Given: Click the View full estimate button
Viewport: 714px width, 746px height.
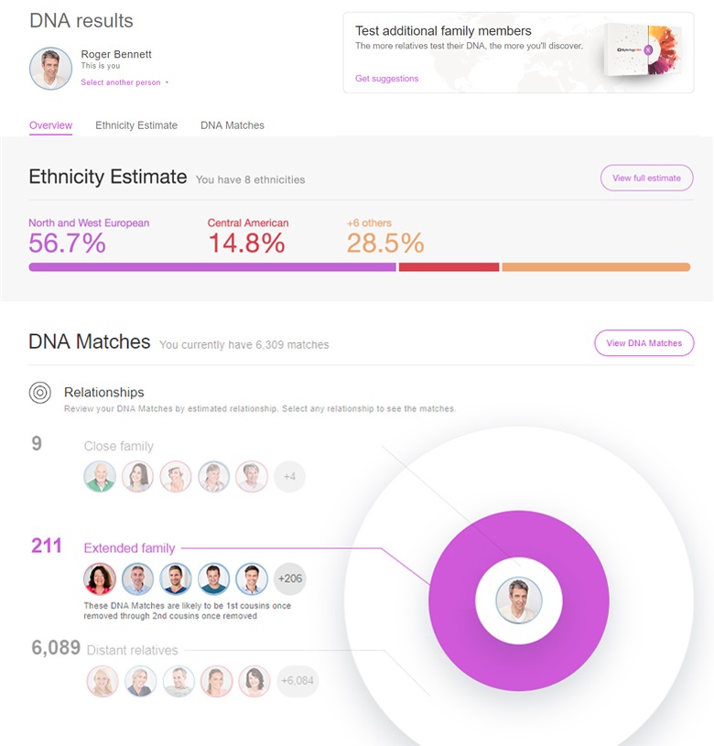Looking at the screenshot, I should (646, 178).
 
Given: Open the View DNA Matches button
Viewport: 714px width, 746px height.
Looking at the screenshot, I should (644, 343).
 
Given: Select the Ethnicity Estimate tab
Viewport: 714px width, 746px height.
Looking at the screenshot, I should (136, 125).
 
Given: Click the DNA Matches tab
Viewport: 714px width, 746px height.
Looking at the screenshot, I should (233, 125).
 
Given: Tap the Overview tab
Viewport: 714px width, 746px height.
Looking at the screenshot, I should (50, 125).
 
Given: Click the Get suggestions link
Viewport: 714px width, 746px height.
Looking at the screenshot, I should (386, 79).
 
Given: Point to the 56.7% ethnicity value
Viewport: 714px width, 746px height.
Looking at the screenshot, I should (67, 243).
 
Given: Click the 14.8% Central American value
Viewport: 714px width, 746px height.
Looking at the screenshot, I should (245, 243).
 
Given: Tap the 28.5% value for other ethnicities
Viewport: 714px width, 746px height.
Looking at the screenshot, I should (385, 243).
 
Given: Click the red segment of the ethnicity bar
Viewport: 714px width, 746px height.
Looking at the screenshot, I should (449, 267).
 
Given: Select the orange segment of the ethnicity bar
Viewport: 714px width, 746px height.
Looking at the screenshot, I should (595, 267).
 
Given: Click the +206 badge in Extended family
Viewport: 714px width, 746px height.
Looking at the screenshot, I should (289, 578).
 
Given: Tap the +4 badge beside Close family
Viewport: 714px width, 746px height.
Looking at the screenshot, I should (289, 476).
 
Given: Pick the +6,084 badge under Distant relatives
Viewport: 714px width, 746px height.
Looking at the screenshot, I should (297, 680).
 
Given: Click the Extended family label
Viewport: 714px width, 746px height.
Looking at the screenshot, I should (129, 548).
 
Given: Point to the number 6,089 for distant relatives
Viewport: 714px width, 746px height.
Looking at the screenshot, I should (55, 649).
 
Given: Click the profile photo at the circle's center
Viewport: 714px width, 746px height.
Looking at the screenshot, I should (519, 601).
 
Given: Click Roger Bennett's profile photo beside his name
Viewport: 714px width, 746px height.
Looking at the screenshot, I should (50, 69).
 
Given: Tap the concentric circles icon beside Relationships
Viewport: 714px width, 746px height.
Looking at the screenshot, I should (39, 393).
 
